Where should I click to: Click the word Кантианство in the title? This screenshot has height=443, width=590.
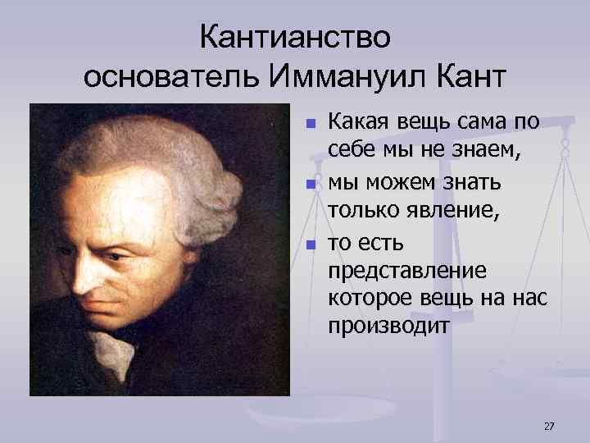(x=296, y=37)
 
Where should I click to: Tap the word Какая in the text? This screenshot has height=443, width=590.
(x=358, y=123)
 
